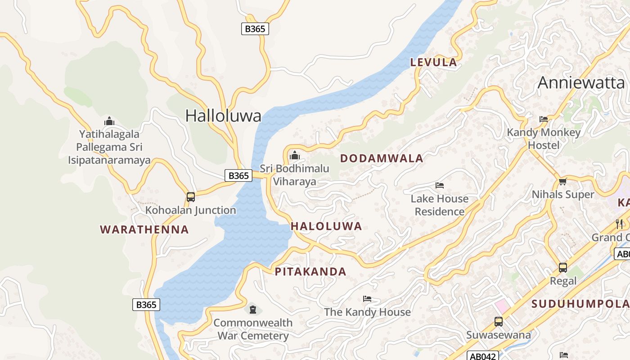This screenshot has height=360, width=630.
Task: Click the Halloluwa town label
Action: (x=223, y=116)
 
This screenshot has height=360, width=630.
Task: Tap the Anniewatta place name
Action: (x=581, y=83)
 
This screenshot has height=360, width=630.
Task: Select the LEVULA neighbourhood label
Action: (x=433, y=63)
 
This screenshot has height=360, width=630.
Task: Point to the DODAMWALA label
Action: (x=382, y=158)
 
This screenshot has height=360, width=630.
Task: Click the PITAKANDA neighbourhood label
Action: (x=310, y=272)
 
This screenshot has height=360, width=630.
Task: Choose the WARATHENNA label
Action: (x=144, y=229)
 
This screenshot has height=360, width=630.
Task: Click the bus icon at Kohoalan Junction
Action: (x=191, y=197)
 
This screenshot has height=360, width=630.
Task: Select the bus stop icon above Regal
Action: (x=562, y=268)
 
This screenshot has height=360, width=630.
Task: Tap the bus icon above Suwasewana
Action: (x=499, y=322)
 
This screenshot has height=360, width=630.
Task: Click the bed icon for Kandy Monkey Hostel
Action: (x=544, y=119)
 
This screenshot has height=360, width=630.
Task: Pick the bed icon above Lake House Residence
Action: (x=440, y=185)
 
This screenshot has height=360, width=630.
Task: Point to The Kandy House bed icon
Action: (x=367, y=299)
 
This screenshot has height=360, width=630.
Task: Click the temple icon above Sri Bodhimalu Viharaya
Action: (x=295, y=156)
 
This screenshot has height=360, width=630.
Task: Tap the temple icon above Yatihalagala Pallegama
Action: (x=109, y=121)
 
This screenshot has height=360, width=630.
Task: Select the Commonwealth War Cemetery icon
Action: (x=253, y=310)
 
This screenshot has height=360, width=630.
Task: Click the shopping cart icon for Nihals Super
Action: (x=562, y=182)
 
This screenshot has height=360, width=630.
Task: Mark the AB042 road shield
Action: (x=483, y=356)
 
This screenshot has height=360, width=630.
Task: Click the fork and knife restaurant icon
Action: (x=619, y=224)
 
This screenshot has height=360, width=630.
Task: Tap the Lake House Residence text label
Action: (x=440, y=205)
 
